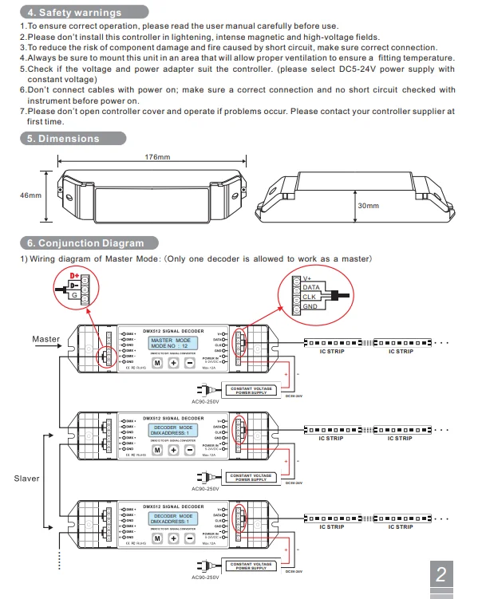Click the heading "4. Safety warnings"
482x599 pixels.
[70, 13]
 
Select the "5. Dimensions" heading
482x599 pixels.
[63, 139]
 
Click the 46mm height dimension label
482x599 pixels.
[30, 195]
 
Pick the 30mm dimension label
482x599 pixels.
[368, 206]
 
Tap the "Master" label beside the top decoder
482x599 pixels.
[45, 339]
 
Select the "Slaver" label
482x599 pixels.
[26, 479]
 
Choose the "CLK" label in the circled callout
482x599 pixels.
[309, 297]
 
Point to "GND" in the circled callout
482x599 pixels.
[310, 306]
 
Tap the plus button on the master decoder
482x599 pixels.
[173, 363]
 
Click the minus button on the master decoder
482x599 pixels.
[189, 363]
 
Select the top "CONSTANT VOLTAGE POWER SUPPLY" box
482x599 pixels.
[251, 391]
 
